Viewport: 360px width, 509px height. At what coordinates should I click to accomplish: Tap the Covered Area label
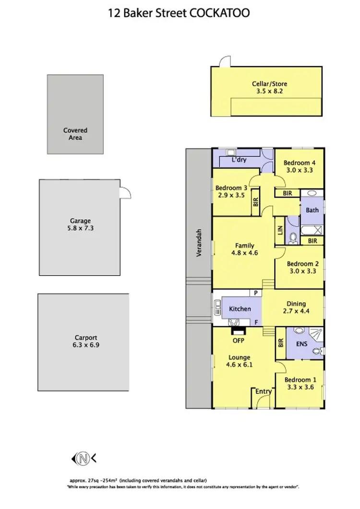75,134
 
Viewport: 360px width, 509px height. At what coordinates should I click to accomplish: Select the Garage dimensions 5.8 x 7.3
81,228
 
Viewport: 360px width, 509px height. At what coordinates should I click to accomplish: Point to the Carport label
84,337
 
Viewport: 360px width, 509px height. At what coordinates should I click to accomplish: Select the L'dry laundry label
239,160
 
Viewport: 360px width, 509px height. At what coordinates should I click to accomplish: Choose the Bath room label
312,210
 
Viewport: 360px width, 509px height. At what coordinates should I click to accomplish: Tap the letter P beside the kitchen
257,293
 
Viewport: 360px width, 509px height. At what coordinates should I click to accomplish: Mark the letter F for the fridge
257,322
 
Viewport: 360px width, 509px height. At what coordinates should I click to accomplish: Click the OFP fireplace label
238,341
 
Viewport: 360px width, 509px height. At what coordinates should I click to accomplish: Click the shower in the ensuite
314,335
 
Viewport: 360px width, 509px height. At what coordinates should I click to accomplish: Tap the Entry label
264,391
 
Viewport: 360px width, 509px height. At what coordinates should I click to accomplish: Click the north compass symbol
83,458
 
